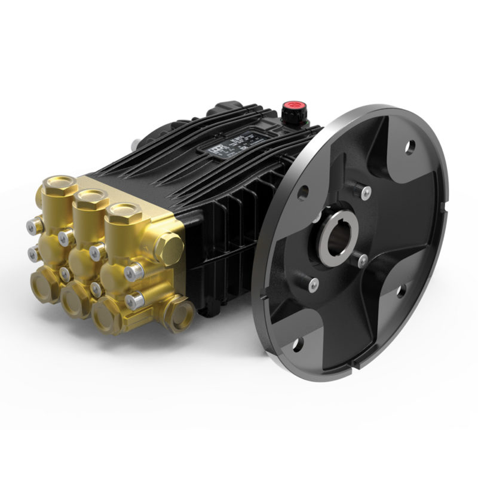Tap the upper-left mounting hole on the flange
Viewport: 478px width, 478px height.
(x=304, y=192)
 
